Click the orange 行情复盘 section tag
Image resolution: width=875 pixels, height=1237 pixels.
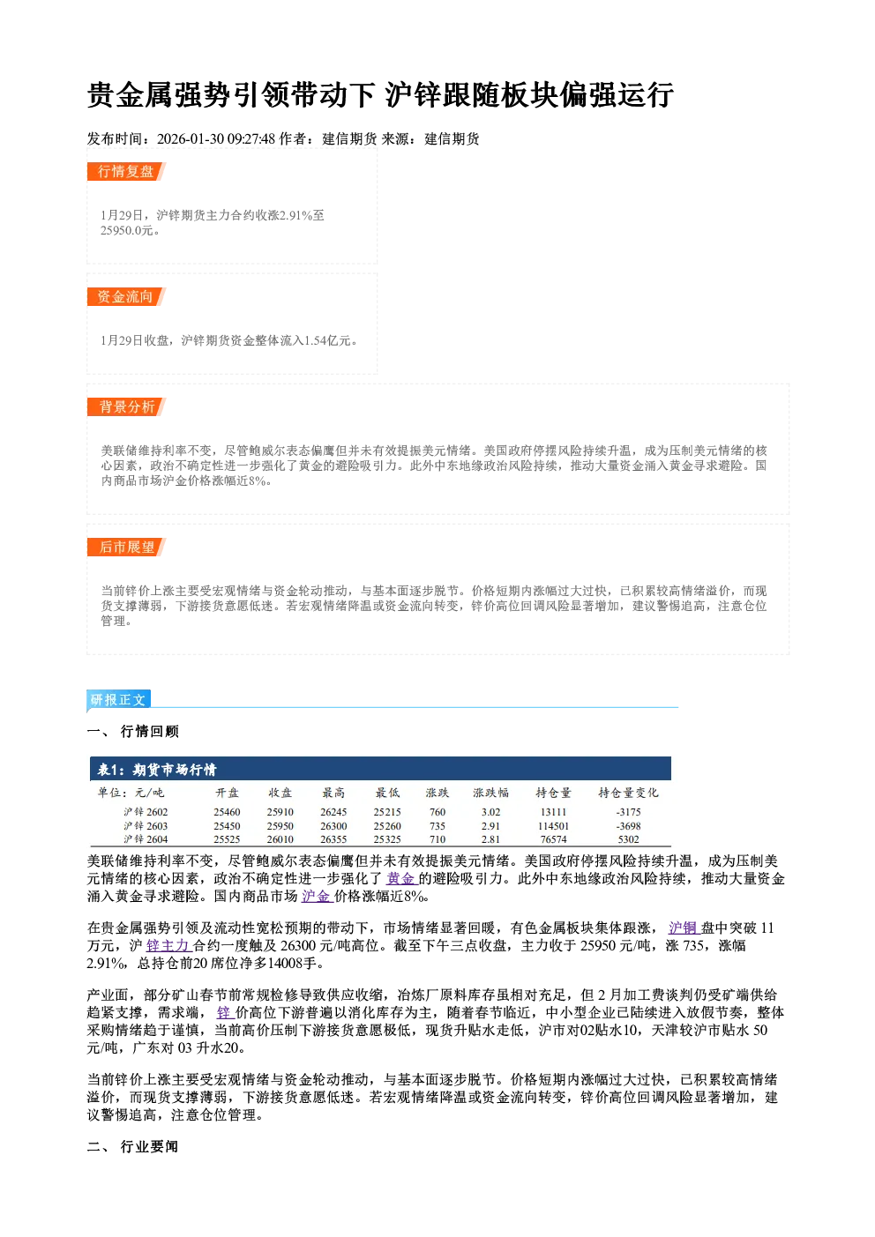[126, 171]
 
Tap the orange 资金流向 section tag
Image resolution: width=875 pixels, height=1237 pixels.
[126, 296]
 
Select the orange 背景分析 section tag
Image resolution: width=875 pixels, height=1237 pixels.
[126, 406]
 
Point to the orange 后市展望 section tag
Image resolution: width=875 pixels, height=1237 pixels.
[126, 547]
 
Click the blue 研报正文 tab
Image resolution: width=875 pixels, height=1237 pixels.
[118, 700]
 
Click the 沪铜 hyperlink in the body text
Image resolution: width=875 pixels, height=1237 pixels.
[684, 928]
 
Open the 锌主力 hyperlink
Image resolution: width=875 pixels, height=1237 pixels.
[168, 945]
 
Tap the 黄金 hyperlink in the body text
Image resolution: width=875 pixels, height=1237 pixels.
[401, 878]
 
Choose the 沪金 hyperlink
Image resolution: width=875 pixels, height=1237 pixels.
[317, 896]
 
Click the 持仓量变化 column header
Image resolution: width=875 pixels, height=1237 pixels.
[628, 793]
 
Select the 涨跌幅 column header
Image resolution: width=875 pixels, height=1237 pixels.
[490, 793]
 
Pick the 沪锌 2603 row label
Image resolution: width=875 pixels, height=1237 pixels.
[146, 825]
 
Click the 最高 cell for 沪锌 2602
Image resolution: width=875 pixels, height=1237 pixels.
[333, 812]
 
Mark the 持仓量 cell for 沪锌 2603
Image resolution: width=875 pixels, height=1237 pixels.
[554, 825]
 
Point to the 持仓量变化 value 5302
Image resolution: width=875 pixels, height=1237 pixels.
[628, 839]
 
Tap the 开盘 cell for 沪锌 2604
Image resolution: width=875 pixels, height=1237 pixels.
[227, 839]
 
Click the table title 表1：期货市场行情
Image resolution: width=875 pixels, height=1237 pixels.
[157, 769]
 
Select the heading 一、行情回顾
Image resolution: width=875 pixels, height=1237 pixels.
[132, 731]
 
